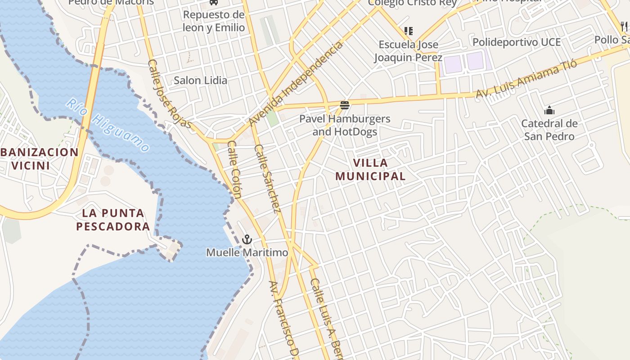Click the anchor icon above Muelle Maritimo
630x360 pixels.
click(247, 239)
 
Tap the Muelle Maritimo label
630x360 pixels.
click(247, 253)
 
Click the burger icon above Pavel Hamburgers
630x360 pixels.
click(345, 106)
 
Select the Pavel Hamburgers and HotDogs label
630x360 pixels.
click(345, 125)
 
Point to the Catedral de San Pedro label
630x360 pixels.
click(549, 130)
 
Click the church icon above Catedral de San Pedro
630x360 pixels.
click(549, 110)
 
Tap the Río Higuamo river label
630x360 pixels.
click(108, 126)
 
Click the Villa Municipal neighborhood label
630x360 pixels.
click(370, 169)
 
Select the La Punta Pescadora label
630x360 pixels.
click(112, 219)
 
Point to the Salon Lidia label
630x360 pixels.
click(200, 81)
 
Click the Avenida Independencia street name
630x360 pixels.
click(295, 84)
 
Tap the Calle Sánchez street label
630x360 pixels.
click(268, 179)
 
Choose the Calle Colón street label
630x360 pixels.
click(234, 170)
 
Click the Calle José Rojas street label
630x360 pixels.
click(170, 94)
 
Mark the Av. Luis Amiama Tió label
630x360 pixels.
click(526, 80)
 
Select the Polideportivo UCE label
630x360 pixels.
click(516, 42)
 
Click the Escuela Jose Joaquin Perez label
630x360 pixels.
click(408, 51)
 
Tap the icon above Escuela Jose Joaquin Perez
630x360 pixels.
click(408, 31)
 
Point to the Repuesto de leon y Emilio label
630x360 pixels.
click(214, 21)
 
